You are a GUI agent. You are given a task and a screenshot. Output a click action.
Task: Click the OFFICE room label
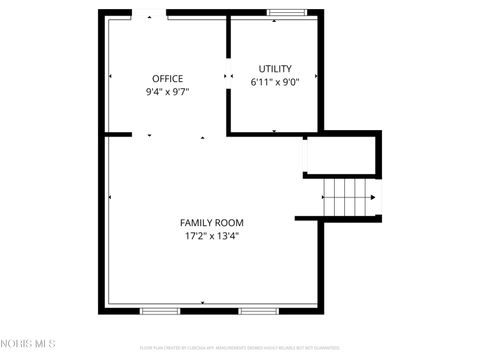click(x=167, y=78)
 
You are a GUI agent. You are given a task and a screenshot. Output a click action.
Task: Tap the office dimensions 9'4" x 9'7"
click(x=167, y=91)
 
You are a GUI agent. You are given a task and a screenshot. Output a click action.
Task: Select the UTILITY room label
click(x=275, y=69)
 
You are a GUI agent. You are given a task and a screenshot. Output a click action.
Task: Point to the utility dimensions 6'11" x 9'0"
click(x=275, y=82)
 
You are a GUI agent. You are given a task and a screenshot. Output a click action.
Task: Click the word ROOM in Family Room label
click(x=230, y=222)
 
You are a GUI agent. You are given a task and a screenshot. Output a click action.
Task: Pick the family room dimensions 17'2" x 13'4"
click(x=211, y=236)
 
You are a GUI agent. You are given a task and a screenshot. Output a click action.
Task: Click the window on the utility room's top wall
click(x=286, y=13)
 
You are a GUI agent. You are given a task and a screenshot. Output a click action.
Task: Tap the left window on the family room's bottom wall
click(x=159, y=310)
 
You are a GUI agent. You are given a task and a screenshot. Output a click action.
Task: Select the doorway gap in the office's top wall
click(x=149, y=13)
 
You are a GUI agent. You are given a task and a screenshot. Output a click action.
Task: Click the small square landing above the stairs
click(x=341, y=154)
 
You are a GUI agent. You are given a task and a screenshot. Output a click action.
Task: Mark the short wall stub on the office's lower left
click(x=117, y=134)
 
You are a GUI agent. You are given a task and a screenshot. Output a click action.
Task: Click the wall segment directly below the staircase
click(x=338, y=218)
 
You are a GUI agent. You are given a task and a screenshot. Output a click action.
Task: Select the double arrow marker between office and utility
click(x=226, y=75)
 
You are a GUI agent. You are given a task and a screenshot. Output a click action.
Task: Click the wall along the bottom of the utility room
click(x=274, y=132)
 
